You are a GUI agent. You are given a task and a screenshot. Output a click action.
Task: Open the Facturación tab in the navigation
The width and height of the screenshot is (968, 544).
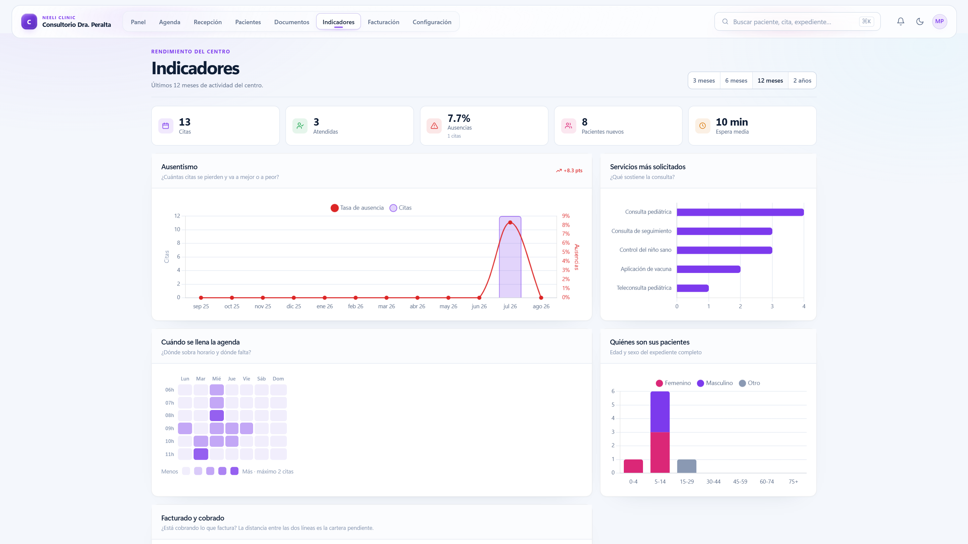pos(383,22)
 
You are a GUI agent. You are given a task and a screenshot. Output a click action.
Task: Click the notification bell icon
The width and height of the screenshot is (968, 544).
pos(901,21)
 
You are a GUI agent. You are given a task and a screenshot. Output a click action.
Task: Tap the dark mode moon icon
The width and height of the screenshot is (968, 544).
pos(920,21)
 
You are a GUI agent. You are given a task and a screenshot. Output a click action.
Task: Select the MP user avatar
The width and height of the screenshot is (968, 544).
pos(939,21)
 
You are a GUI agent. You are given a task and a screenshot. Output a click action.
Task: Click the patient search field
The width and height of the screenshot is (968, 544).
pos(797,22)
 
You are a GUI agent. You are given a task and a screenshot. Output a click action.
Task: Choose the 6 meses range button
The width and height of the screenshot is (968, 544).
pos(736,80)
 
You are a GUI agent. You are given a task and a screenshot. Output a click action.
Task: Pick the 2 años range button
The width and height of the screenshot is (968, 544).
pos(802,80)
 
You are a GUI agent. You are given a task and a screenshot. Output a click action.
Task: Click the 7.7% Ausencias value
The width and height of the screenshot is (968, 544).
pos(459,118)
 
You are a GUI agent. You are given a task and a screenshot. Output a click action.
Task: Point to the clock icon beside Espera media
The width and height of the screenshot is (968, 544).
pos(702,126)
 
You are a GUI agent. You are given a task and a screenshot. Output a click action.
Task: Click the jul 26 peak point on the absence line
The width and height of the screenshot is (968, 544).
pos(510,223)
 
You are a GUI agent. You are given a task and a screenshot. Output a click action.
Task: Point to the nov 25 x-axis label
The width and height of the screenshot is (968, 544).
pos(263,306)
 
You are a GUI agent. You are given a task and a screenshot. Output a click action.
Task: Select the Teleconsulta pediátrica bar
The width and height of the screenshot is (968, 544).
pos(692,288)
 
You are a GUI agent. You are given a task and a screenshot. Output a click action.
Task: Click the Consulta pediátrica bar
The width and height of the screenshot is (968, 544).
pos(740,212)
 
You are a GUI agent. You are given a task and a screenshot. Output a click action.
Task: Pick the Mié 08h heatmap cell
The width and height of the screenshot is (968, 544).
pos(216,415)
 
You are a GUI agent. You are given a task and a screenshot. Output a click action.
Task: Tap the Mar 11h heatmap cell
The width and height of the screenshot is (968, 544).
pos(201,454)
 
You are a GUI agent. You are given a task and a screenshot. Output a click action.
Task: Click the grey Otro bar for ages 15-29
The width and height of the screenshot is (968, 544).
pos(687,466)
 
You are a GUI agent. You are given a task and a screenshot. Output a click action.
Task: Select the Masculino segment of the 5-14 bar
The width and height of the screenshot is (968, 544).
pos(660,412)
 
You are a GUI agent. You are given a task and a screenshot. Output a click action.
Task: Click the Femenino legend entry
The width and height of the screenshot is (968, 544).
pos(673,383)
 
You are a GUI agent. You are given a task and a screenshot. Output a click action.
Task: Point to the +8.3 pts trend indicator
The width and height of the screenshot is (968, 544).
pos(569,171)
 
